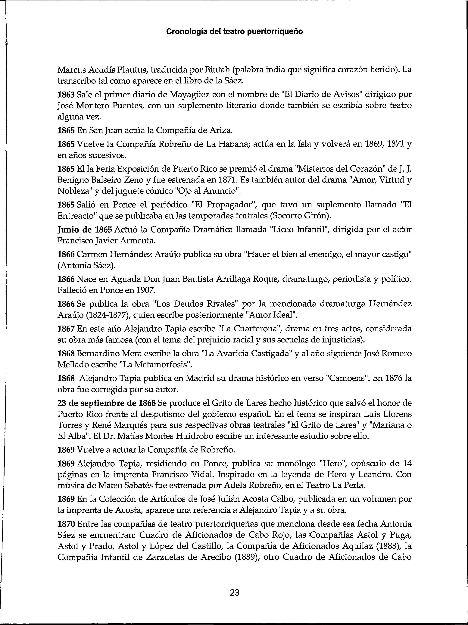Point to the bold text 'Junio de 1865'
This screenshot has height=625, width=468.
click(85, 230)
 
